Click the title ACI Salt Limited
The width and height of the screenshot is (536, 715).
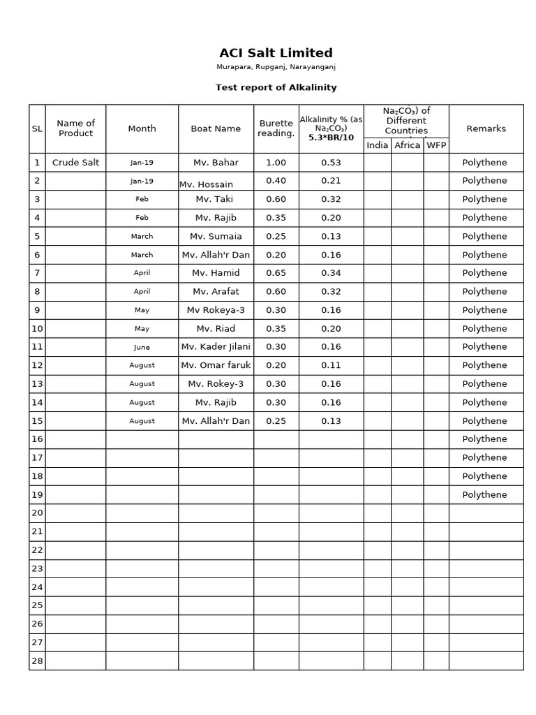pyautogui.click(x=276, y=53)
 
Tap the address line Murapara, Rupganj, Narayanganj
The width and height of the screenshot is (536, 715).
pyautogui.click(x=276, y=67)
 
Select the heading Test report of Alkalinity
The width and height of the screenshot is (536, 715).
pyautogui.click(x=276, y=87)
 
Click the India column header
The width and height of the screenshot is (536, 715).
pyautogui.click(x=377, y=145)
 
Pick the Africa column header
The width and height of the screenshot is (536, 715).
pyautogui.click(x=407, y=145)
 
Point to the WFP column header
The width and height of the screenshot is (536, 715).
pyautogui.click(x=436, y=145)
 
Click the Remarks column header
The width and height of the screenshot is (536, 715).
pyautogui.click(x=486, y=128)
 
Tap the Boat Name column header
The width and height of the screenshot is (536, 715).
pyautogui.click(x=216, y=128)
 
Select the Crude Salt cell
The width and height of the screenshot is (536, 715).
pyautogui.click(x=75, y=163)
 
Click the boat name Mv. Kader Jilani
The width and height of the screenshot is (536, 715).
pyautogui.click(x=216, y=346)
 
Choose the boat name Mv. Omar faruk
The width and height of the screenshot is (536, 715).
pyautogui.click(x=216, y=365)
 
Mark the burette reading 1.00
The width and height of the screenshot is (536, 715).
pyautogui.click(x=276, y=163)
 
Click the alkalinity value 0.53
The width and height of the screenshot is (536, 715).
pyautogui.click(x=331, y=163)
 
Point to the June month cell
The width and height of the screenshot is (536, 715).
pyautogui.click(x=142, y=347)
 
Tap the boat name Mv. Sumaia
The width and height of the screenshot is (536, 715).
pyautogui.click(x=216, y=236)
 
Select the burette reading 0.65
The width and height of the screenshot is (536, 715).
pyautogui.click(x=276, y=273)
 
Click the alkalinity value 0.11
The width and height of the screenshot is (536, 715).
pyautogui.click(x=331, y=365)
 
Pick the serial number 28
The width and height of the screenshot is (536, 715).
pyautogui.click(x=37, y=661)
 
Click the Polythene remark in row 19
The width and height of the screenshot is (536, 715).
pyautogui.click(x=485, y=494)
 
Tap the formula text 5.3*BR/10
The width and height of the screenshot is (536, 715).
pyautogui.click(x=331, y=138)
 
